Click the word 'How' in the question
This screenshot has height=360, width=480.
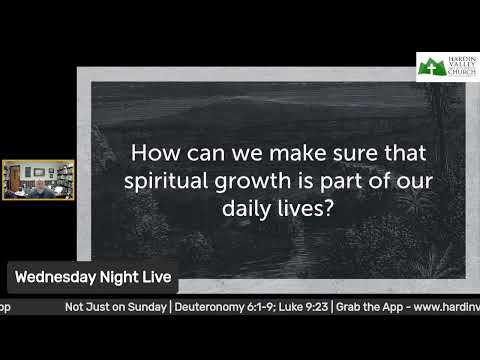[154, 154]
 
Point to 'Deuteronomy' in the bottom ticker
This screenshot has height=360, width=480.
[214, 305]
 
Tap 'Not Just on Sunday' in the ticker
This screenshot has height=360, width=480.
[116, 305]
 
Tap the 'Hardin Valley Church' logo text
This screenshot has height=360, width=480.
[460, 66]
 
